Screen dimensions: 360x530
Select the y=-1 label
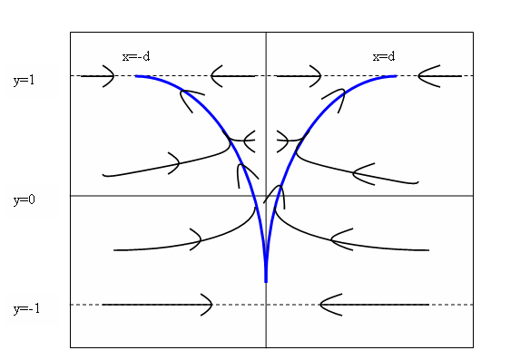(26, 309)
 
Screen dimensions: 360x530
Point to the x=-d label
(136, 56)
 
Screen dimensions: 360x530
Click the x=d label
(384, 56)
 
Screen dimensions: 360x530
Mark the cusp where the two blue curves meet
(266, 280)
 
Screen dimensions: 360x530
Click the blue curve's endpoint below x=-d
(136, 76)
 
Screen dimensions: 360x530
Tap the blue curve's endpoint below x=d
(396, 76)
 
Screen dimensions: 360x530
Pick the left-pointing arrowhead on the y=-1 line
(329, 305)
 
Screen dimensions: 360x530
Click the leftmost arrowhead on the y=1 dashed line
(107, 76)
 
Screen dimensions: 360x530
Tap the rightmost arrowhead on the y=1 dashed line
(427, 76)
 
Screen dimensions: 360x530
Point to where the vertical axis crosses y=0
(266, 195)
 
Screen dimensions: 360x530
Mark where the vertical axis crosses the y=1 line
(266, 76)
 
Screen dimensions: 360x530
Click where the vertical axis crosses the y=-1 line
(266, 305)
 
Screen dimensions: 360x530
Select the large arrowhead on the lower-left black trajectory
(194, 239)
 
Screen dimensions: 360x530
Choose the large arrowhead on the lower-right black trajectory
(339, 240)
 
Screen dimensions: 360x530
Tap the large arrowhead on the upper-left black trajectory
(174, 163)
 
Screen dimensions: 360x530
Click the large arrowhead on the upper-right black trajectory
(360, 170)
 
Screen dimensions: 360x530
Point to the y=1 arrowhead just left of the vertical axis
(218, 76)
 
